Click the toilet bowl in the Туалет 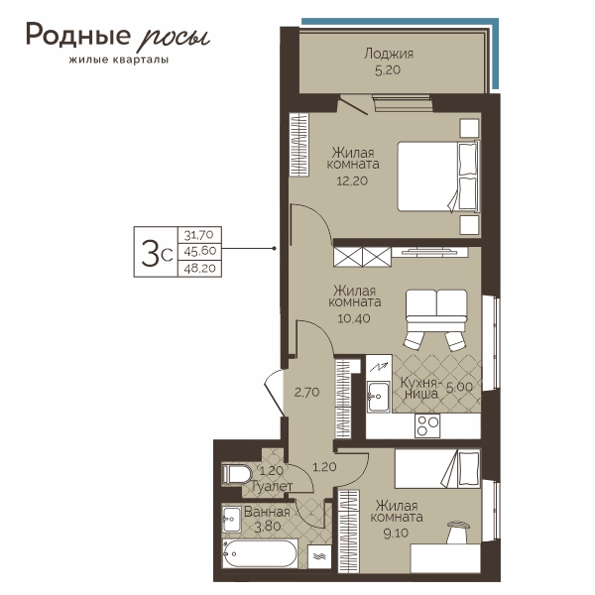(x=237, y=474)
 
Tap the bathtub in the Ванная (x=260, y=554)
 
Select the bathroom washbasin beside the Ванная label (x=231, y=519)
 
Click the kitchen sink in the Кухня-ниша (x=378, y=397)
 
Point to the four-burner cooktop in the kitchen (x=427, y=425)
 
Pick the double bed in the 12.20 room (x=438, y=177)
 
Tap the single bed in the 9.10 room (x=437, y=469)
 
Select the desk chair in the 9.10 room (x=458, y=533)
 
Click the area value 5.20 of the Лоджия (x=388, y=70)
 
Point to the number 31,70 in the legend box (x=199, y=235)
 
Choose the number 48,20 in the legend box (x=199, y=269)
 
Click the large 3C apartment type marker (x=157, y=253)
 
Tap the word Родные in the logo (x=78, y=36)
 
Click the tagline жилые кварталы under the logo (x=119, y=59)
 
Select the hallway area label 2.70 (x=306, y=392)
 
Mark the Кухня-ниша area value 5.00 (x=459, y=387)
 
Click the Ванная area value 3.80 (x=268, y=526)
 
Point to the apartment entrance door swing (x=274, y=392)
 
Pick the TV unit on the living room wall (x=430, y=252)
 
